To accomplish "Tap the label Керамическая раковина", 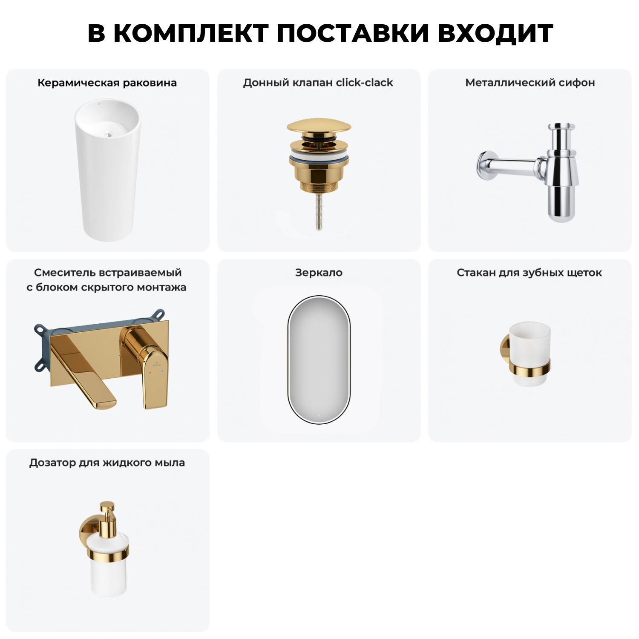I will pos(107,83).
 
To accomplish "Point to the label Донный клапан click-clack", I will pos(318,83).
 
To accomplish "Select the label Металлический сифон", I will pos(530,83).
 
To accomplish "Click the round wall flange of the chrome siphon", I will pos(484,164).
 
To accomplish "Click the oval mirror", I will pos(319,359).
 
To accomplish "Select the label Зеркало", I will pos(319,273).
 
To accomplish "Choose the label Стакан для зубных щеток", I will pos(529,273).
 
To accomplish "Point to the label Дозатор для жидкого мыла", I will pos(107,463).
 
